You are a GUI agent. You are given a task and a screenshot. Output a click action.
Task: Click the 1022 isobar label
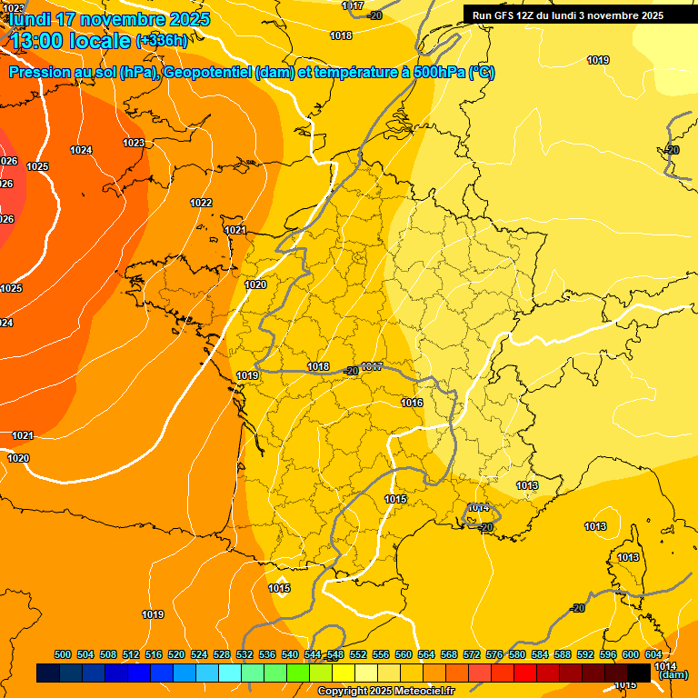(x=201, y=203)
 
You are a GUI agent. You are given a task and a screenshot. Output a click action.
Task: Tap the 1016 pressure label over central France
(x=412, y=403)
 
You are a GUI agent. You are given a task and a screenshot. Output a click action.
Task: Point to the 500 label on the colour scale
(x=63, y=654)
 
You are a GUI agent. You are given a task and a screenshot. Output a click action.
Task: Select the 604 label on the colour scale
(x=653, y=654)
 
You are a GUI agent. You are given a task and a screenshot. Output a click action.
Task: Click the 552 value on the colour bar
(x=358, y=654)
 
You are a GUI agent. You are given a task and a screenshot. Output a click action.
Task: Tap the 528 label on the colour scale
(x=222, y=654)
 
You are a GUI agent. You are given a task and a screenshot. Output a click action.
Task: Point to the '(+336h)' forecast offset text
(x=162, y=41)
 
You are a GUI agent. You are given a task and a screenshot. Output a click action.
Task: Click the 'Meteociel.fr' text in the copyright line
(x=424, y=692)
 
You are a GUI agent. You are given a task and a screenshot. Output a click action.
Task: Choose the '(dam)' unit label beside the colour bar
(x=673, y=674)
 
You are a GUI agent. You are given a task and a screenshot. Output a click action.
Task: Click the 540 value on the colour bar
(x=290, y=654)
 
